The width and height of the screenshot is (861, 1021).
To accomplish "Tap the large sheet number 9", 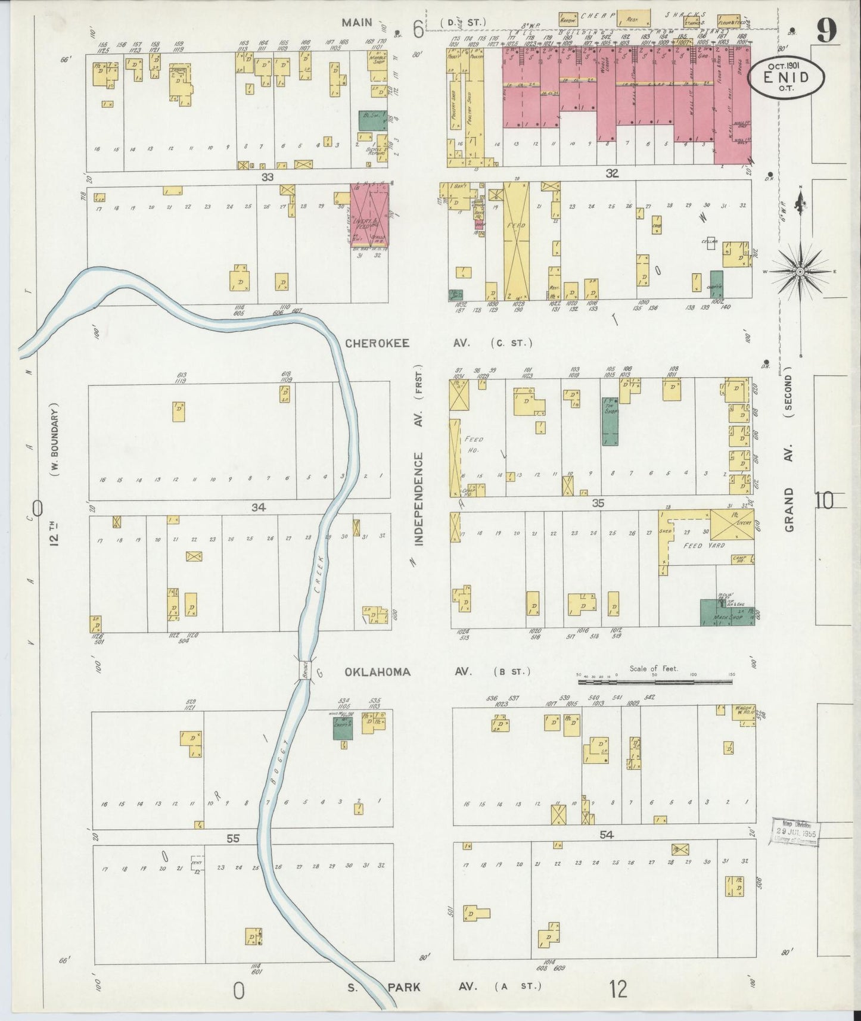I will [x=826, y=30].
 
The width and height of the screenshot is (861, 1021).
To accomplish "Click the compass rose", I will [x=800, y=272].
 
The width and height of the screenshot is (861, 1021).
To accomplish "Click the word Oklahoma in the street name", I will [x=377, y=672].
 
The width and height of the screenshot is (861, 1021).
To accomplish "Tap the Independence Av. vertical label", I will [x=418, y=499].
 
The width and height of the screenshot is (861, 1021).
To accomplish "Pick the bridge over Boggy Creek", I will [x=304, y=671].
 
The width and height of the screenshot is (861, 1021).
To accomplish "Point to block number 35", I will [x=598, y=503].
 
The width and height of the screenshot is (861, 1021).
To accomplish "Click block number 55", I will [x=232, y=838].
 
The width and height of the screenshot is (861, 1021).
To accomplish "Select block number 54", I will [x=606, y=835].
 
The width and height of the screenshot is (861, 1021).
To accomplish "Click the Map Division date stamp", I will [x=795, y=832].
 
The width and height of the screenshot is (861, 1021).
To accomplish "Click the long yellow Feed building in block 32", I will [x=516, y=241].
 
